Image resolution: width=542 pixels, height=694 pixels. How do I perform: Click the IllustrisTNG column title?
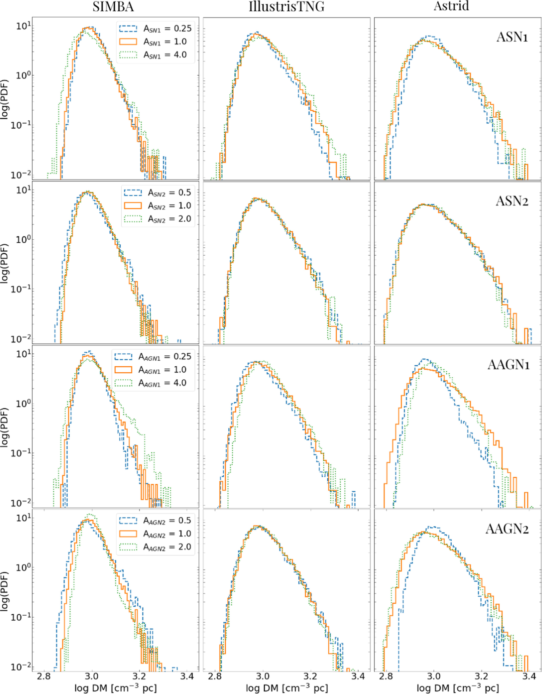(287, 6)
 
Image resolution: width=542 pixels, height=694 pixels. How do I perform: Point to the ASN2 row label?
(512, 201)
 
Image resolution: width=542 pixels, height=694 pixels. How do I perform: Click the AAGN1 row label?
(508, 365)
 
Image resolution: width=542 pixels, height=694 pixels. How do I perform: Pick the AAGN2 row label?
(507, 529)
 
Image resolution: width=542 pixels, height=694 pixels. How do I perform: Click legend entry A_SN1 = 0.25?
(155, 29)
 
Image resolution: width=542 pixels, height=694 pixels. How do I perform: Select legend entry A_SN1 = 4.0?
(155, 55)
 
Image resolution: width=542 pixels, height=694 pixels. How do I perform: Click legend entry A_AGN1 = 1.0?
(153, 370)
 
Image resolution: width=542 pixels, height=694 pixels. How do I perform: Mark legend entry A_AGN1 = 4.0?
(153, 383)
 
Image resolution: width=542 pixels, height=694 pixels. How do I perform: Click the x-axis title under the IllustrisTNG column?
(286, 688)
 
